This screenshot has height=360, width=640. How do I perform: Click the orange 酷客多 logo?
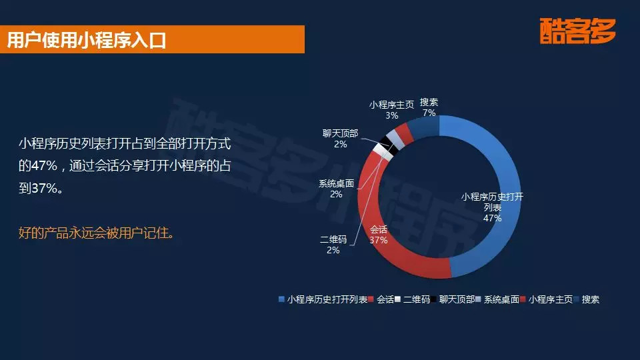[x=578, y=31]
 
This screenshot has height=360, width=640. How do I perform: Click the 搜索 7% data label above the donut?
[x=429, y=107]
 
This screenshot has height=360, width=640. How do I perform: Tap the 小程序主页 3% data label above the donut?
[x=391, y=109]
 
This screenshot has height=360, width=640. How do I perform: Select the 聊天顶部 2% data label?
[x=340, y=139]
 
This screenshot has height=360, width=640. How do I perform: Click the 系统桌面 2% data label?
[x=336, y=189]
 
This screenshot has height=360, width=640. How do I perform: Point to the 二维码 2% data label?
[x=333, y=245]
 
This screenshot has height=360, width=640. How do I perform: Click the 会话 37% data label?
[x=379, y=235]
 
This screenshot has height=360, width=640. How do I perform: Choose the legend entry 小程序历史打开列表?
[x=327, y=300]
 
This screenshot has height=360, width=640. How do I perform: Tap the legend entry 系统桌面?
[x=501, y=300]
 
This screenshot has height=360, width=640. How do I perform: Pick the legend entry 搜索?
[x=590, y=300]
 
